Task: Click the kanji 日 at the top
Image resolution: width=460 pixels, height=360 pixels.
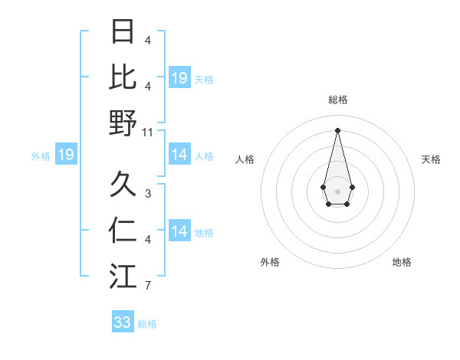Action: tap(123, 32)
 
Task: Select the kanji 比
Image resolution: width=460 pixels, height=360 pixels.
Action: tap(123, 77)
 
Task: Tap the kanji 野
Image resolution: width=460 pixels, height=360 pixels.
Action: tap(123, 123)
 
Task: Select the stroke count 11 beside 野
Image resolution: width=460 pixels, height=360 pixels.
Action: tap(148, 132)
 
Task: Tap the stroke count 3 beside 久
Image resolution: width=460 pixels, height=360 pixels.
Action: tap(148, 194)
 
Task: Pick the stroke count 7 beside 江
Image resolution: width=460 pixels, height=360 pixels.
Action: tap(148, 286)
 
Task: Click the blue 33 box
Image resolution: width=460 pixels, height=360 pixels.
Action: tap(123, 322)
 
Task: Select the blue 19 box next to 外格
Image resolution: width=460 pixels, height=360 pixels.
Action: tap(65, 155)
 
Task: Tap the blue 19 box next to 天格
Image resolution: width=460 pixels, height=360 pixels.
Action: tap(179, 77)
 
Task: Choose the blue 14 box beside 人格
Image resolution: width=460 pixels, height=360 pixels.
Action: tap(179, 155)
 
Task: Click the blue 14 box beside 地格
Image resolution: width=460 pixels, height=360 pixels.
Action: tap(179, 231)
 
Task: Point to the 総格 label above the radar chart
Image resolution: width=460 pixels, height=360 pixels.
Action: tap(337, 100)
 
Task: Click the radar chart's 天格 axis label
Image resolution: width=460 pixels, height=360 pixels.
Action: tap(431, 159)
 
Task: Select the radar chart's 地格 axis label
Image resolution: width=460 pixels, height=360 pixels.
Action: tap(402, 262)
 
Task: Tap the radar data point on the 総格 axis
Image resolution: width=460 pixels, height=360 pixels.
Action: tap(337, 130)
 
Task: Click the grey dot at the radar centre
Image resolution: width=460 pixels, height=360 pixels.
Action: tap(337, 190)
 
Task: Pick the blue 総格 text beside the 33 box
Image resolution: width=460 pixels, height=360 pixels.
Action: tap(147, 324)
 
